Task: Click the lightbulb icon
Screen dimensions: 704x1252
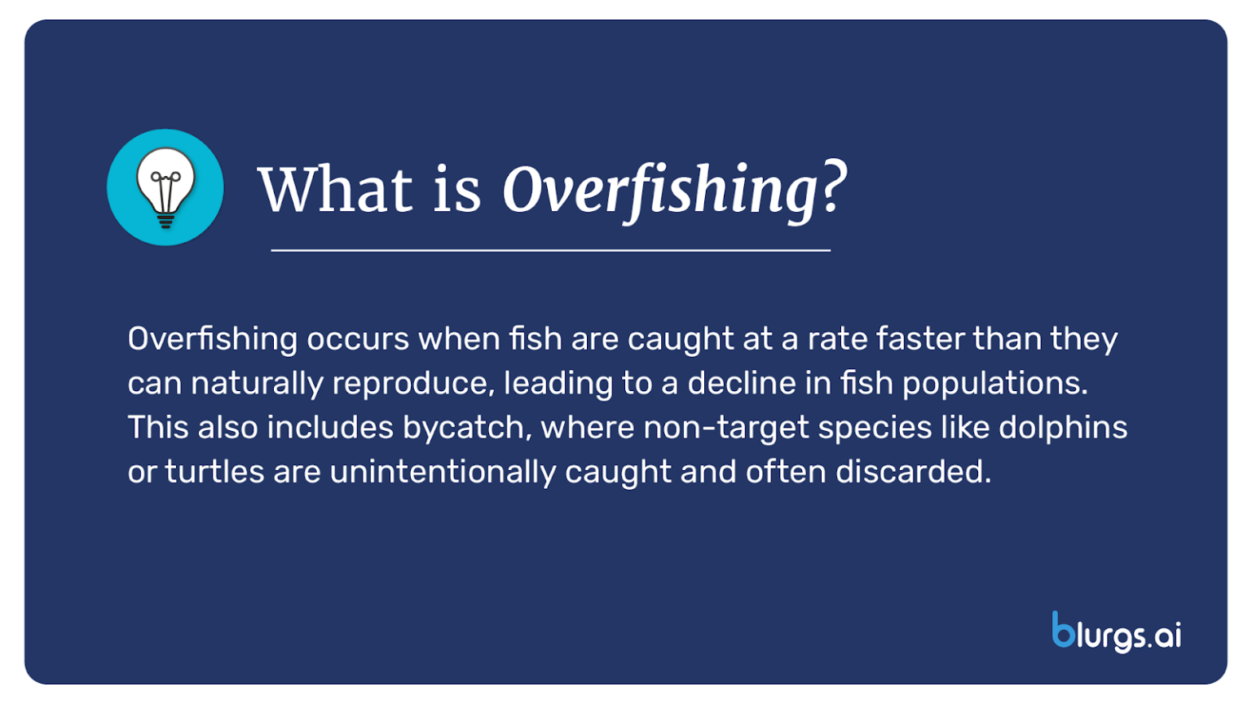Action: (165, 187)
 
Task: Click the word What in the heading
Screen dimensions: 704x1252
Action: (335, 190)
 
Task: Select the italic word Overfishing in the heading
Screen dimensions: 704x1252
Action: (660, 191)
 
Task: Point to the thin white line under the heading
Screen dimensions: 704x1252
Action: (550, 250)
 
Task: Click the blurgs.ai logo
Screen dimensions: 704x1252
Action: (1116, 632)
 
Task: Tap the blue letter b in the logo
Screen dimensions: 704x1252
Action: (1063, 630)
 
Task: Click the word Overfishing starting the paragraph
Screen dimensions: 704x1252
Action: (212, 339)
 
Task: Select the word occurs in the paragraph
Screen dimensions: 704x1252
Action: (358, 339)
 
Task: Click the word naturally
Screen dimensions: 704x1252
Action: (257, 384)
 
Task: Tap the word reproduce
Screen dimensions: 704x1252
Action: (413, 384)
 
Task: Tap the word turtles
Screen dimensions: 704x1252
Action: (214, 472)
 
